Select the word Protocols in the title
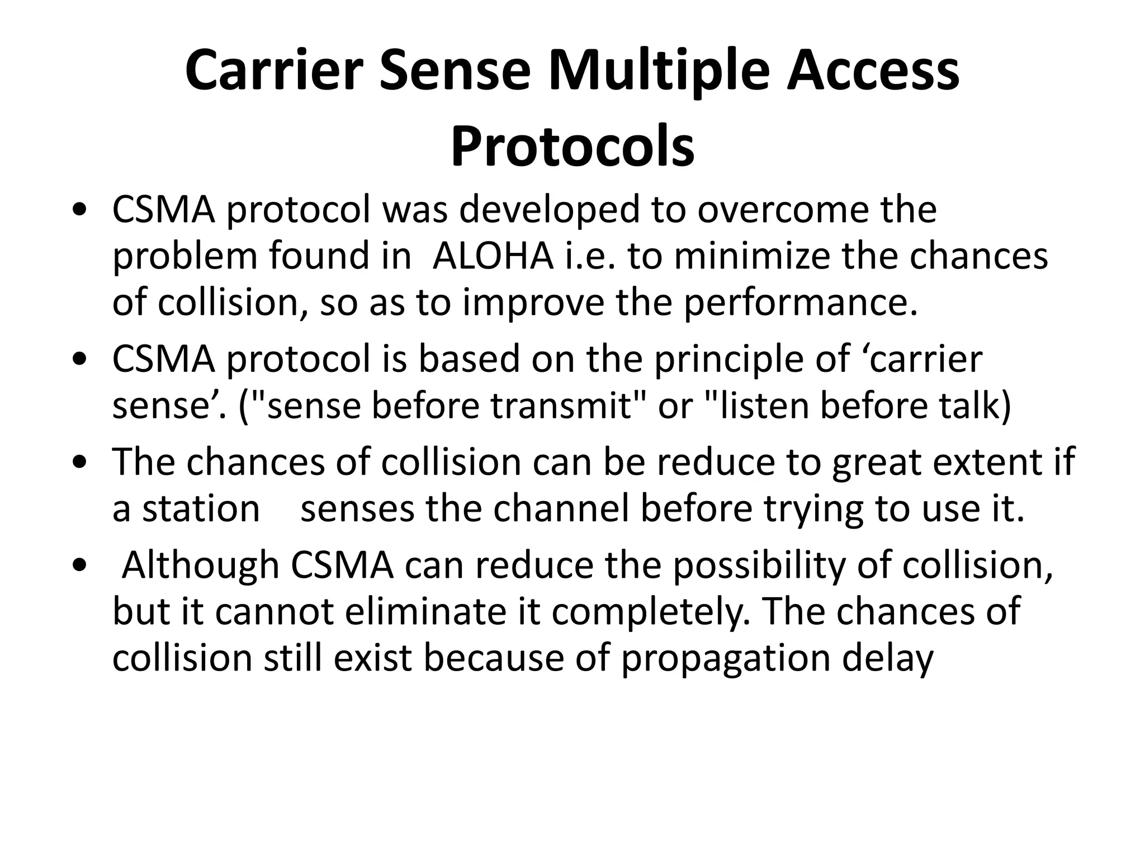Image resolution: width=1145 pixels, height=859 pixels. click(572, 147)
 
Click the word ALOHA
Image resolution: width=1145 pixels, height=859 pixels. click(493, 256)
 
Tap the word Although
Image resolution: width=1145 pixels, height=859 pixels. click(200, 565)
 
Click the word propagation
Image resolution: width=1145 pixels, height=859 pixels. click(726, 659)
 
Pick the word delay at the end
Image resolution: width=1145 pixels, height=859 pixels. click(888, 659)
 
